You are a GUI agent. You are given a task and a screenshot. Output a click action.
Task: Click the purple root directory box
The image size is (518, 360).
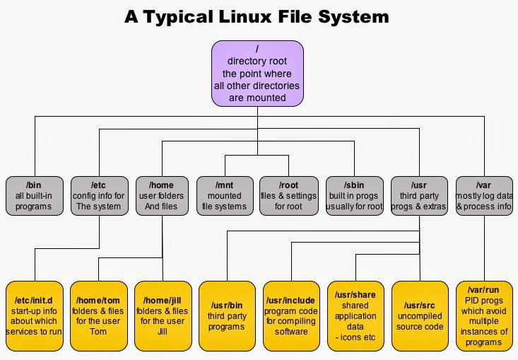tap(257, 73)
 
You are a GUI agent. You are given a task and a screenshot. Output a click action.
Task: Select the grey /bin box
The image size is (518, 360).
tap(34, 196)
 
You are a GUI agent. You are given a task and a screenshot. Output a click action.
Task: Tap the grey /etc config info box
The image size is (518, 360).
tap(100, 196)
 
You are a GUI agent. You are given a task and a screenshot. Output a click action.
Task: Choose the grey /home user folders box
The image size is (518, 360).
tap(163, 196)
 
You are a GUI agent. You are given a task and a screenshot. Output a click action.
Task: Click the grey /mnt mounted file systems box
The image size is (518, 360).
tap(225, 196)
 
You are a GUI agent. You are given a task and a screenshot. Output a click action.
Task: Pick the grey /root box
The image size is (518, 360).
tap(289, 196)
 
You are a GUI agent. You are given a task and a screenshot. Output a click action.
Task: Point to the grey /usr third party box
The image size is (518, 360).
tap(420, 196)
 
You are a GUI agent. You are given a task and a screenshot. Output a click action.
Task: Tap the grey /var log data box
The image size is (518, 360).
tap(484, 196)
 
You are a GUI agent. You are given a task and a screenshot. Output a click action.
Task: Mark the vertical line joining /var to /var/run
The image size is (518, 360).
tap(484, 248)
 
